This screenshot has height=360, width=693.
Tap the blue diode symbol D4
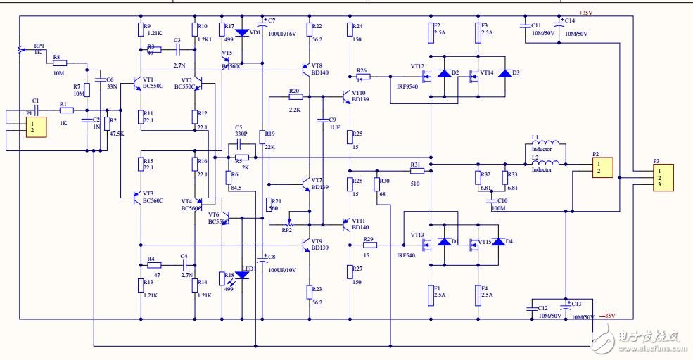(497, 242)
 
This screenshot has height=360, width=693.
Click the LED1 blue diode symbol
(241, 275)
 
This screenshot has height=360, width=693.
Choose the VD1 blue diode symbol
(242, 32)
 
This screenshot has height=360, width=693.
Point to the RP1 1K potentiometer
(18, 50)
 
